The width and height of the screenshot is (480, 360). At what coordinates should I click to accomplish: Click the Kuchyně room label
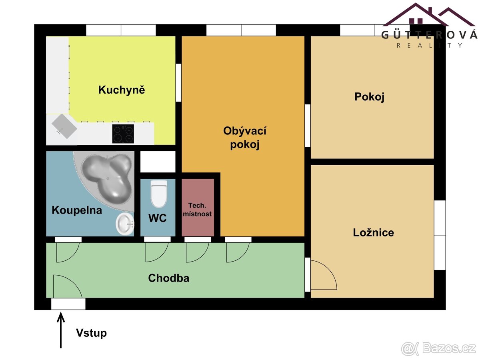click(121, 90)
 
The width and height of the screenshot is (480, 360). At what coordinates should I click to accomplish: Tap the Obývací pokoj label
click(245, 137)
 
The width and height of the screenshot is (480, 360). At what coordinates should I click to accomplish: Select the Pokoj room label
click(369, 97)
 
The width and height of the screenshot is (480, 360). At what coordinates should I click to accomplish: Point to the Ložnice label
click(373, 232)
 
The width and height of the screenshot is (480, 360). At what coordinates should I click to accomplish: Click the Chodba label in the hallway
click(168, 278)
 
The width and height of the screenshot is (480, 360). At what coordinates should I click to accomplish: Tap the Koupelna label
click(77, 210)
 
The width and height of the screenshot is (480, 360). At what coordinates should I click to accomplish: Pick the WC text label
click(157, 218)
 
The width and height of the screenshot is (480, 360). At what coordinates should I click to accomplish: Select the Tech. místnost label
click(197, 210)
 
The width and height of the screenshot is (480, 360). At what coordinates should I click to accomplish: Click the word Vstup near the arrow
click(91, 333)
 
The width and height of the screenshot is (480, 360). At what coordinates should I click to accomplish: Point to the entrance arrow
click(61, 330)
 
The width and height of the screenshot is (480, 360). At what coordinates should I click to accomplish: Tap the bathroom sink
click(125, 223)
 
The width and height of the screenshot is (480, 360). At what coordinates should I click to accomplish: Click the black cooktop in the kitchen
click(123, 134)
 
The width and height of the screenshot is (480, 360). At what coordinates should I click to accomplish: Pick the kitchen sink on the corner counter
click(64, 126)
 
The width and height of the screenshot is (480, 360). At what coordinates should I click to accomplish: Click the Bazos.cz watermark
click(439, 348)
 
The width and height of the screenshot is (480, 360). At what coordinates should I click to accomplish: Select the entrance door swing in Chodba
click(66, 286)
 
